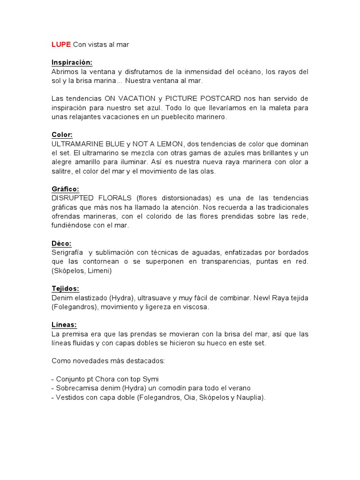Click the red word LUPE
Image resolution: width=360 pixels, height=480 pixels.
click(x=61, y=45)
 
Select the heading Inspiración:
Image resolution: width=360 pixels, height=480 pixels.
click(x=72, y=62)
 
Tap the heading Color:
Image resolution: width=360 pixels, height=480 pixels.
click(x=62, y=135)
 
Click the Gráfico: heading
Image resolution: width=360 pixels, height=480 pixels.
click(x=65, y=189)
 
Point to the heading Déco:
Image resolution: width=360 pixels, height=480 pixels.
click(x=61, y=243)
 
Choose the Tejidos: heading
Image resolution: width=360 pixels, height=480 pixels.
click(x=65, y=289)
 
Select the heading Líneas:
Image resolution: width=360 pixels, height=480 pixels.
click(x=64, y=325)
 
